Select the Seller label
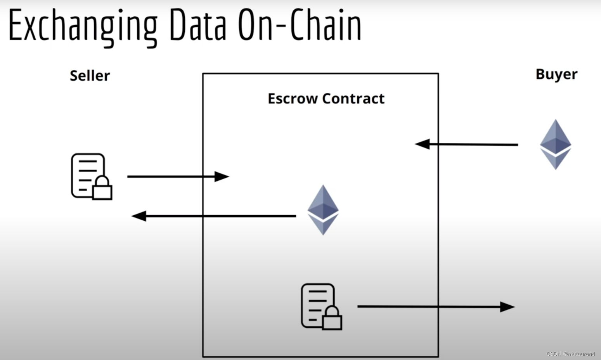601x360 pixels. [90, 76]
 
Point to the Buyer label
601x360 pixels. [556, 74]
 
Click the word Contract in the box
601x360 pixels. [353, 99]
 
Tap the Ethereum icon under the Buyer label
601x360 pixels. [556, 144]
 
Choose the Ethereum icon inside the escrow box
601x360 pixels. [323, 210]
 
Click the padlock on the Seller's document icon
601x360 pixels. [102, 189]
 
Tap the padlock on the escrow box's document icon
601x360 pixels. [332, 319]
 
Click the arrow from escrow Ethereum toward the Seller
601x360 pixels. [213, 216]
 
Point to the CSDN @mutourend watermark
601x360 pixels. [570, 354]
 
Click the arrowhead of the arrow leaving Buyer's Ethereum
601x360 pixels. [423, 144]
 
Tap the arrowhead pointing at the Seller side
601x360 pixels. [139, 216]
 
